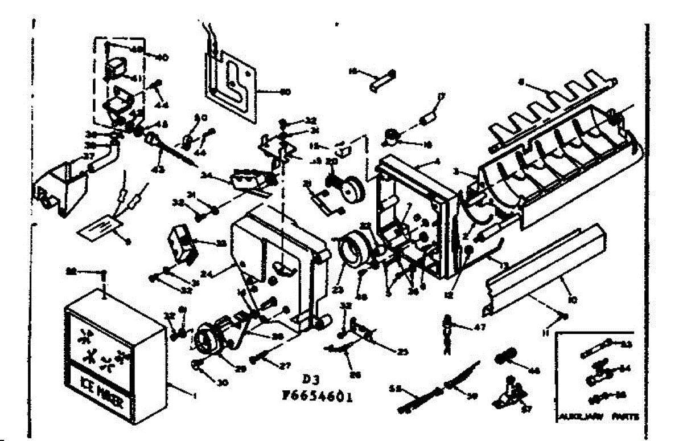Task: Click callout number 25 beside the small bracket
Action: click(x=402, y=352)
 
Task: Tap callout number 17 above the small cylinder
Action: click(x=439, y=97)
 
